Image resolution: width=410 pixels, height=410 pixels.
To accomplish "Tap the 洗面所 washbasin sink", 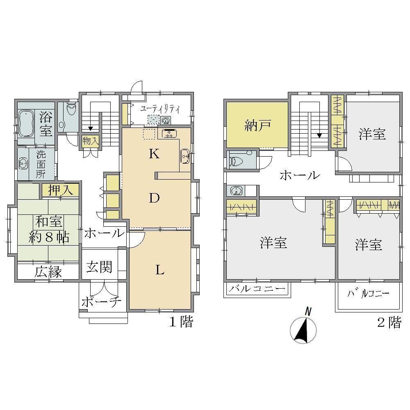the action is (x=23, y=164).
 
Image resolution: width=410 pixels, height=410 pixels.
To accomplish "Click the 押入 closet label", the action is (x=60, y=190).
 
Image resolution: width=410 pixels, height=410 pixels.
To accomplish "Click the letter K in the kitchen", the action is (x=154, y=154).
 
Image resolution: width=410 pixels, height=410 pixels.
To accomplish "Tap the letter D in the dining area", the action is (x=154, y=198).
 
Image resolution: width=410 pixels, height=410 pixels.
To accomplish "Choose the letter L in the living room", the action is (x=160, y=270).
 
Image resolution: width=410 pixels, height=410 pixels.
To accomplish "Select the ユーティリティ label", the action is (x=160, y=109).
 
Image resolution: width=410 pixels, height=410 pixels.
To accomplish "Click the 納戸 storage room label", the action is (x=257, y=126).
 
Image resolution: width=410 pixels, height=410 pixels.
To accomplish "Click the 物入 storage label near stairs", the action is (x=91, y=141).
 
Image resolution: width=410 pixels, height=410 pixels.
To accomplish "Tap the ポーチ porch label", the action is (x=101, y=302).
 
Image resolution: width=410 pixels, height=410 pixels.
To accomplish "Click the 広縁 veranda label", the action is (x=48, y=272).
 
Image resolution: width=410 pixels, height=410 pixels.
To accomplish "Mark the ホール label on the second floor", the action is (x=300, y=175).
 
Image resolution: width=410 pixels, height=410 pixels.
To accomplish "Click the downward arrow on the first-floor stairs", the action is (x=91, y=128).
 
